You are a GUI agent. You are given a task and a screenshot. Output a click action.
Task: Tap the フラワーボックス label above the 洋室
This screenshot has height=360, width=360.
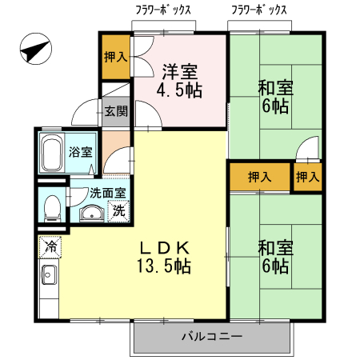click(163, 10)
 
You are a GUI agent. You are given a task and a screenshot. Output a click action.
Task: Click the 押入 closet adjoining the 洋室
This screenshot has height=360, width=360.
click(115, 57)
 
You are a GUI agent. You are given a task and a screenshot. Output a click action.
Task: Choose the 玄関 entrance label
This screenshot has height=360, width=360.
click(115, 112)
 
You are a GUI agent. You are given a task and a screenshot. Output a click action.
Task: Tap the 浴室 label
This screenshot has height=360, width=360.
click(79, 151)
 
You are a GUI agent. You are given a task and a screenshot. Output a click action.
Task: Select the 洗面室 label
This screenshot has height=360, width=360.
click(106, 193)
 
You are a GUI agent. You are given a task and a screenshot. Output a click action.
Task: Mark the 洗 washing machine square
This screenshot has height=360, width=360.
click(118, 212)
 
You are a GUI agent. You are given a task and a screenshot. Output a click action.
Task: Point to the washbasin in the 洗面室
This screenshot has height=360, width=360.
click(91, 214)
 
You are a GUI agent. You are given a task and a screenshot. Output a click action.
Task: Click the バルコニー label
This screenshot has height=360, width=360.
click(211, 337)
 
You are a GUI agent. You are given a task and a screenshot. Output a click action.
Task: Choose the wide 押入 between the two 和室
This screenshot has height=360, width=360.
click(258, 177)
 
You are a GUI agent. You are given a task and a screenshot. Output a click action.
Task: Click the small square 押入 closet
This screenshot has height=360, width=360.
click(308, 177)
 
